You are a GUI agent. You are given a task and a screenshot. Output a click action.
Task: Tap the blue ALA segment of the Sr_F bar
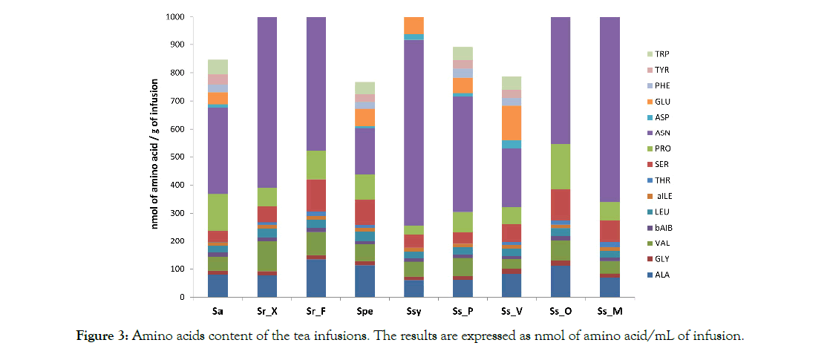tap(316, 278)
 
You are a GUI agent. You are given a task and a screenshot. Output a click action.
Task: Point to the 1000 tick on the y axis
tap(175, 17)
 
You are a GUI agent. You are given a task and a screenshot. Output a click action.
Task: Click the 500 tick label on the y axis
tap(177, 157)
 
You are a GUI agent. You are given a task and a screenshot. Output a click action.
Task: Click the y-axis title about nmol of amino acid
tap(156, 157)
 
